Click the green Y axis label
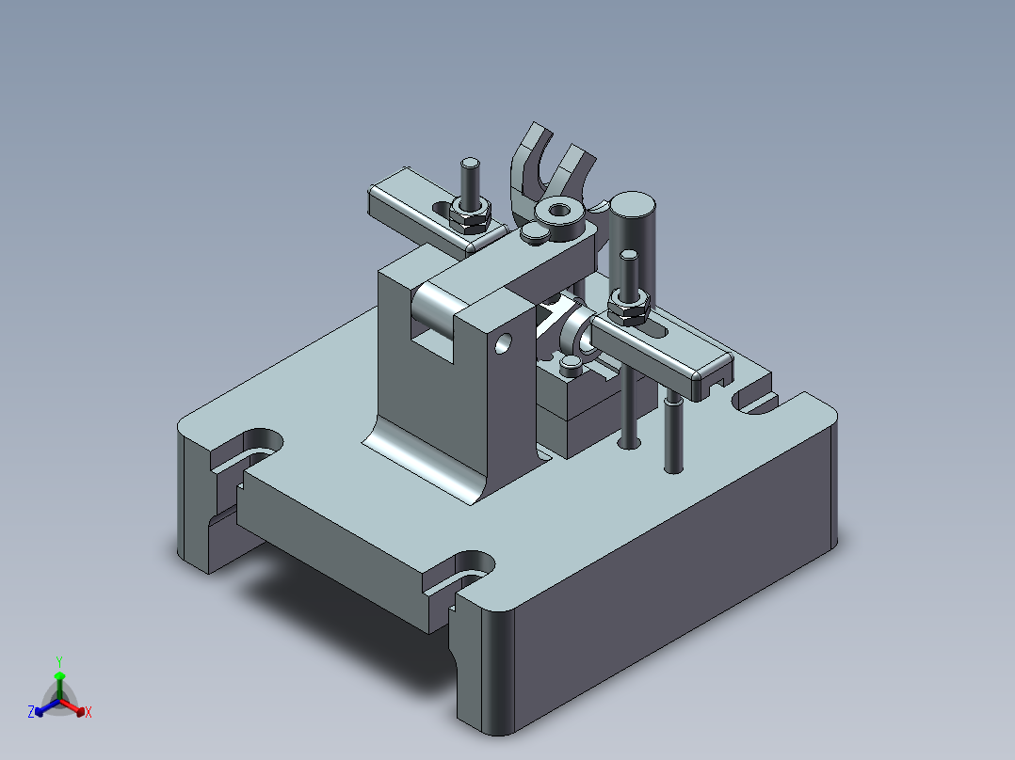tap(58, 661)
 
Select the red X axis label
tap(89, 713)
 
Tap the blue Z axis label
tap(31, 713)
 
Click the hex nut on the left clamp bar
tap(470, 215)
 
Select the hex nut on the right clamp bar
tap(628, 306)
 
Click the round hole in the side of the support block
tap(505, 342)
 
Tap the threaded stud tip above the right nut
tap(628, 258)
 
